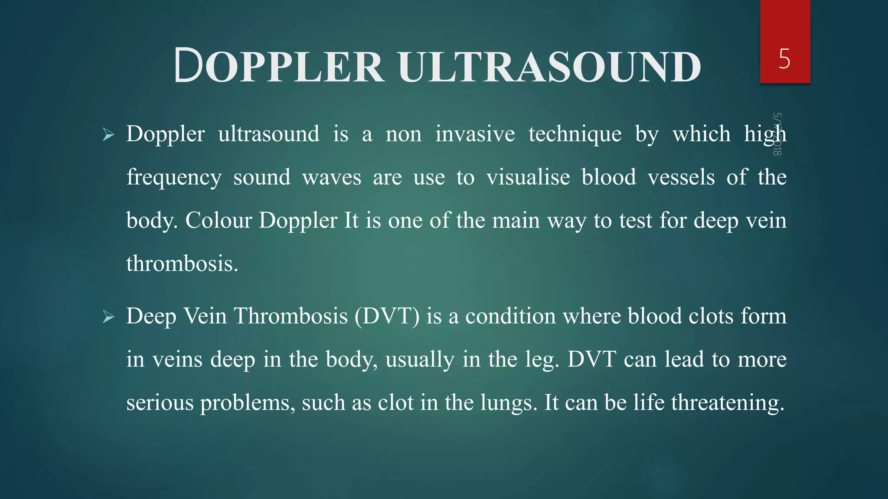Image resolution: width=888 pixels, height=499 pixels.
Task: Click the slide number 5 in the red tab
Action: (x=784, y=59)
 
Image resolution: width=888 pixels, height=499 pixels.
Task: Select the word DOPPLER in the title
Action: (x=279, y=66)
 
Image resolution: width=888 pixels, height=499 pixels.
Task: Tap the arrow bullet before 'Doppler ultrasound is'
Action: (x=108, y=135)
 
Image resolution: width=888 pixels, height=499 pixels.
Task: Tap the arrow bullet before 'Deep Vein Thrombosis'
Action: (x=108, y=318)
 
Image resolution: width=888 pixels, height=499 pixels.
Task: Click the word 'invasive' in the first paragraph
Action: (x=475, y=134)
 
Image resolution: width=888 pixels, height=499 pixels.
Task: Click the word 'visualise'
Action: (x=528, y=177)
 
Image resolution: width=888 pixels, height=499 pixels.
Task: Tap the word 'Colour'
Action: (x=219, y=220)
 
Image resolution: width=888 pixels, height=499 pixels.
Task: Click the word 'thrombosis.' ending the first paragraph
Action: (x=182, y=264)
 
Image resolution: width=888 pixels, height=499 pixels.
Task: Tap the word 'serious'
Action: (x=160, y=403)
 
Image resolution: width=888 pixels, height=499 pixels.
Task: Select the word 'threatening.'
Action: (x=728, y=403)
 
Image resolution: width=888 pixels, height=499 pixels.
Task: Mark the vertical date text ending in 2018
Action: (x=777, y=134)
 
